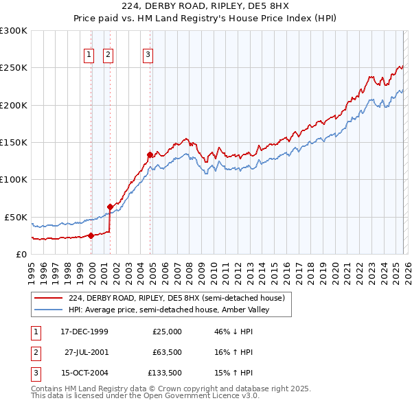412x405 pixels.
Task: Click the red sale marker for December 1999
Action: (x=91, y=235)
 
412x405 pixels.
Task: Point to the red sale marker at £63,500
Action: (x=110, y=206)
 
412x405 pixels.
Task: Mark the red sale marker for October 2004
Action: (x=150, y=154)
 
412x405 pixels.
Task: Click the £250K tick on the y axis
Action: (x=14, y=68)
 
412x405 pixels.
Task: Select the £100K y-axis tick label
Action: (x=14, y=179)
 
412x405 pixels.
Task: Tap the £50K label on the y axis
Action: (x=16, y=217)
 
